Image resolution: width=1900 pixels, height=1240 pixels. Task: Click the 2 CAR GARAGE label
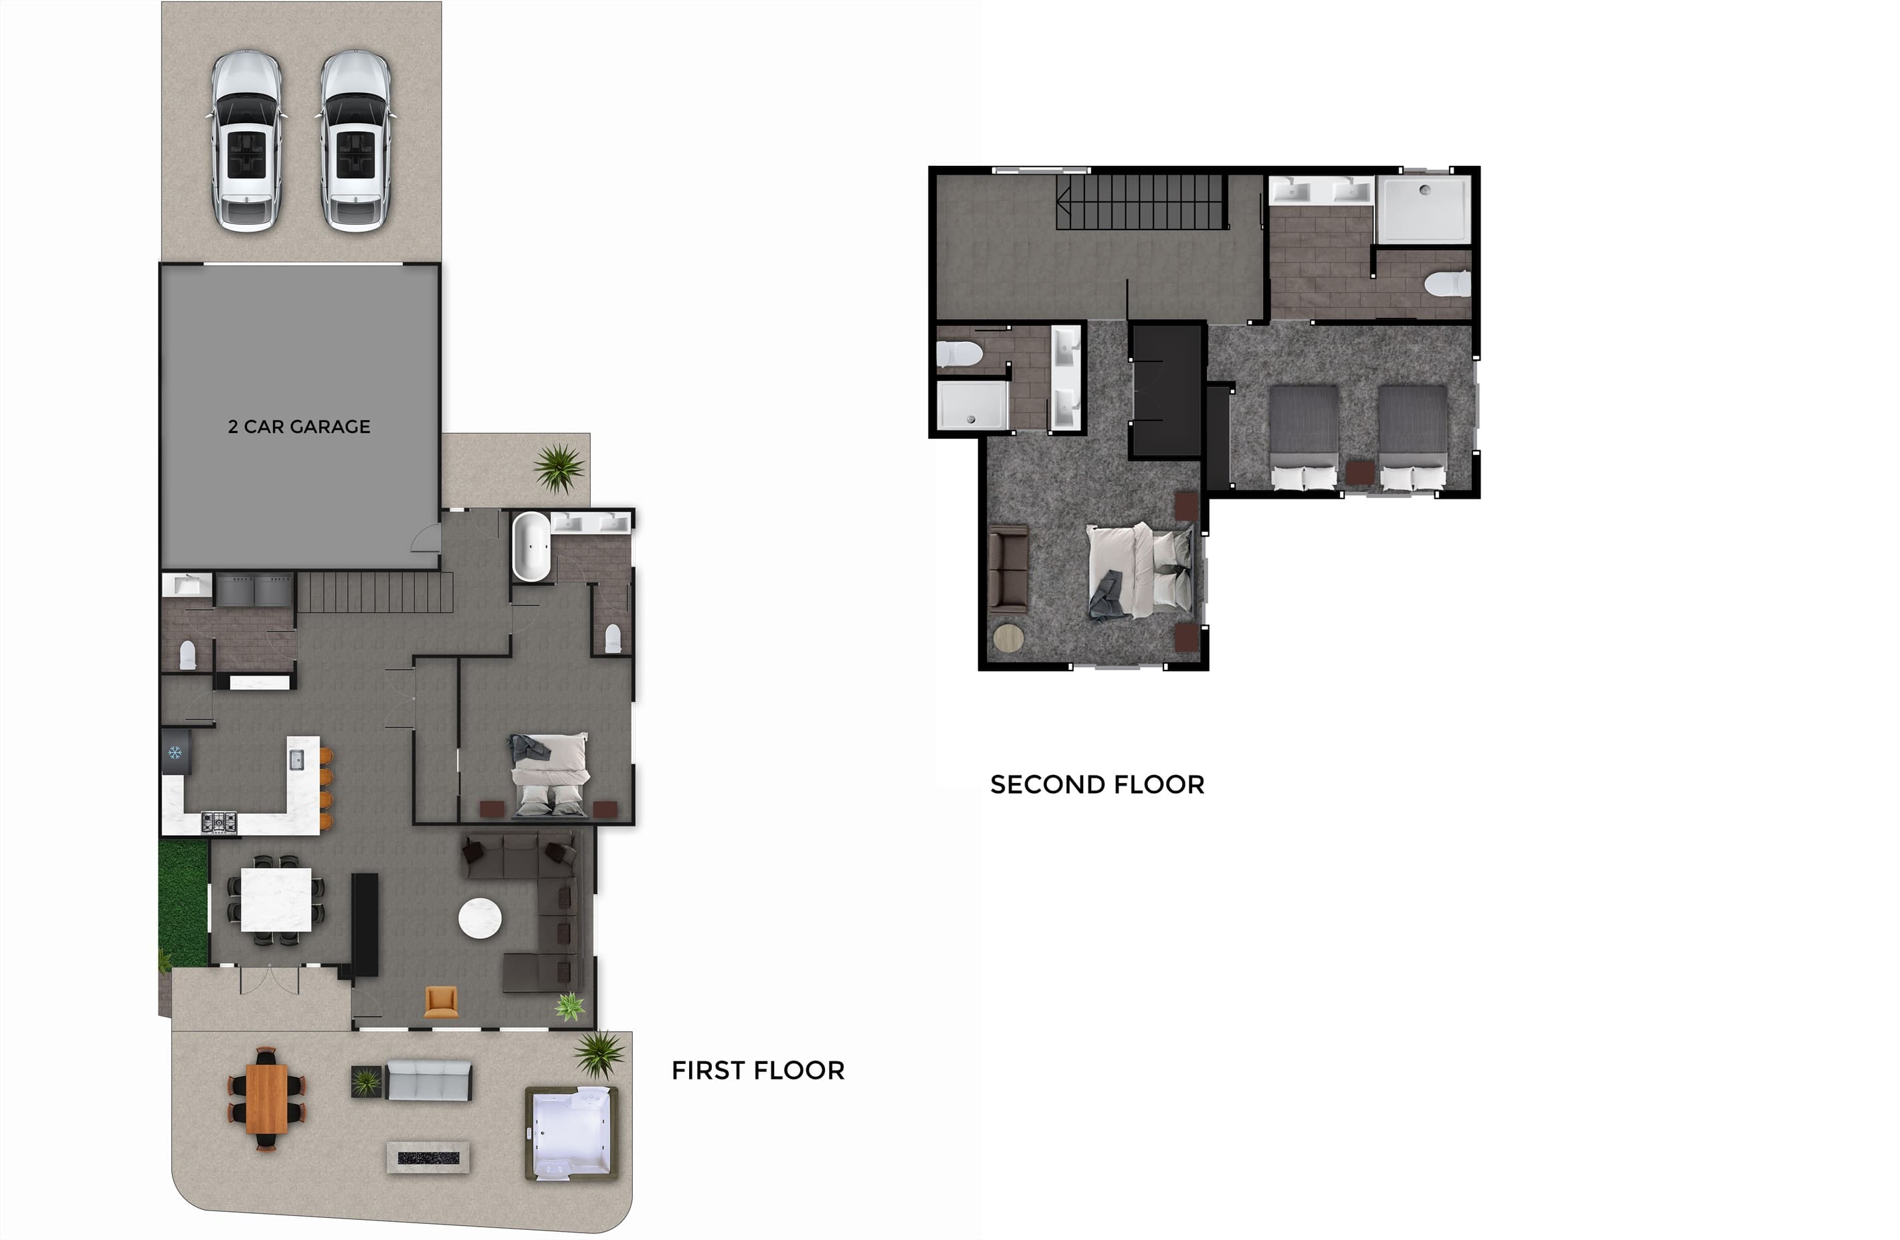(299, 426)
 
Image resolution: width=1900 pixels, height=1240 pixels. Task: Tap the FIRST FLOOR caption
(757, 1070)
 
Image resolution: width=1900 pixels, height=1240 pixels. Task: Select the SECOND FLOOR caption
(1097, 784)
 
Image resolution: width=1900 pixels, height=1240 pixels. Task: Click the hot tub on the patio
(571, 1133)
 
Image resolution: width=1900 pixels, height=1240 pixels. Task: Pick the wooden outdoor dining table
(267, 1099)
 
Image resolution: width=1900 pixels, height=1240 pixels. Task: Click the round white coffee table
(480, 918)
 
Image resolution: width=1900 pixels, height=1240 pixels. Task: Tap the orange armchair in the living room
(441, 1002)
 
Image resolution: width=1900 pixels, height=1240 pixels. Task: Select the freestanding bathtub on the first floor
(531, 546)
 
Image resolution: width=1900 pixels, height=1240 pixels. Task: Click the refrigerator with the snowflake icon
(176, 751)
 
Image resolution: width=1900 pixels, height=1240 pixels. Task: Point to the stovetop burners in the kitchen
(219, 822)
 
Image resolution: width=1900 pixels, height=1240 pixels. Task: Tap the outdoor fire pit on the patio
(428, 1157)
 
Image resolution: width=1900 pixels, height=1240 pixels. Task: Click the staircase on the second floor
(1141, 202)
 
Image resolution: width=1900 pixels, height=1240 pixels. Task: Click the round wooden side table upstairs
(1008, 639)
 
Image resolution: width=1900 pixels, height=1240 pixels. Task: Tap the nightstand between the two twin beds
(1359, 472)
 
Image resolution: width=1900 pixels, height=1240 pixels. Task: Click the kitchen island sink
(296, 760)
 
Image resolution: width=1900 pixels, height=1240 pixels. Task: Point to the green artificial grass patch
(183, 901)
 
